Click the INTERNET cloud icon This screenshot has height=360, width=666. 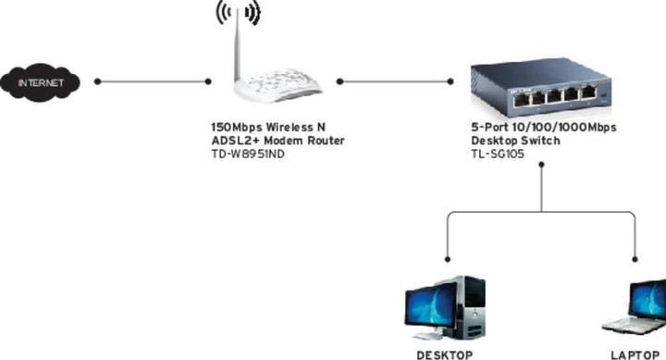pos(42,82)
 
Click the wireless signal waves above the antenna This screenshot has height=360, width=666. pos(238,13)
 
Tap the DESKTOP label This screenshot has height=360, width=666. pos(446,354)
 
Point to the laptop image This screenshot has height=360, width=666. pos(637,307)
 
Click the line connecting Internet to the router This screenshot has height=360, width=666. pos(153,81)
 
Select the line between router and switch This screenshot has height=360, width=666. pos(393,81)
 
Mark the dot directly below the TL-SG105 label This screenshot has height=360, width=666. pos(543,168)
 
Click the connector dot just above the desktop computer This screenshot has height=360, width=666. pos(448,259)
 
